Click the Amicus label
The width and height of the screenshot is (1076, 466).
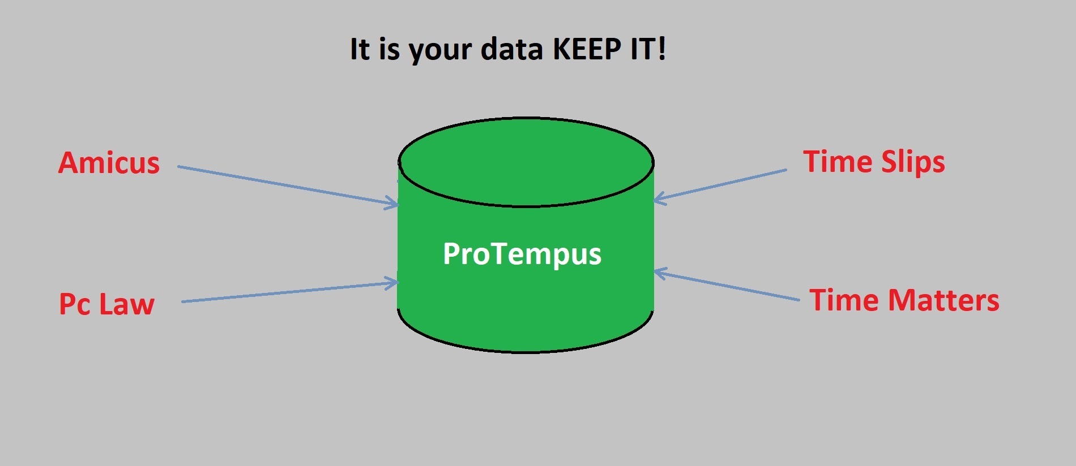click(x=109, y=163)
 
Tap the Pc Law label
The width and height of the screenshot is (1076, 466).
click(x=106, y=304)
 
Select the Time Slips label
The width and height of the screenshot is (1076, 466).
click(x=874, y=162)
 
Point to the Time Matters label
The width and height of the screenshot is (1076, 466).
click(x=904, y=300)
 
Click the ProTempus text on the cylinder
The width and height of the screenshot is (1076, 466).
click(x=522, y=254)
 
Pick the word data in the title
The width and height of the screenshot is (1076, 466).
click(x=512, y=49)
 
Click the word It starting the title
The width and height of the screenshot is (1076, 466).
click(x=360, y=49)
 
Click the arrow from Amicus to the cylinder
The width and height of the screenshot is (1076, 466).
click(x=283, y=184)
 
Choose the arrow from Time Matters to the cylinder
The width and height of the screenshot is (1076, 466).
click(x=728, y=286)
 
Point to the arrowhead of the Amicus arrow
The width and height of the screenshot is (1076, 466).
click(x=393, y=202)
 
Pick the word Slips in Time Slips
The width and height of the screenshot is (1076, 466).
click(x=913, y=162)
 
